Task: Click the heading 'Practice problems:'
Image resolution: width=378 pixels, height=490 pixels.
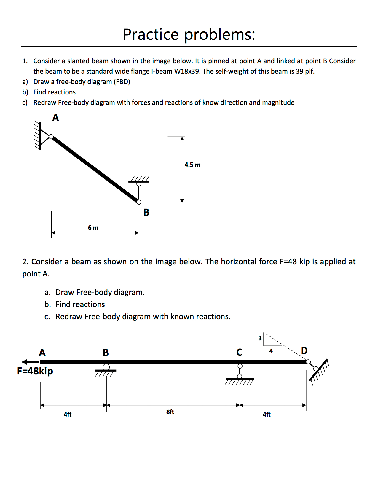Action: [189, 34]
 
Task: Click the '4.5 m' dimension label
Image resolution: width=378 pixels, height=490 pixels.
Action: [192, 165]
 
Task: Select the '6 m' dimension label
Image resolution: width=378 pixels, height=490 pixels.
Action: [93, 228]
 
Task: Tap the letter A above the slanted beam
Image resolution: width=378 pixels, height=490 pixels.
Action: [55, 118]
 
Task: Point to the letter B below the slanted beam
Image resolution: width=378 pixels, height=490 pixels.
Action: [146, 213]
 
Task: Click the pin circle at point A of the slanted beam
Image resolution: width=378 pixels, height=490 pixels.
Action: [51, 137]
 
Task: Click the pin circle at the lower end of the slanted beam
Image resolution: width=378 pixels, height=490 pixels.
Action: [139, 202]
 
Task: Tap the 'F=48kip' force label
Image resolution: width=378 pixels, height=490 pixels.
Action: [35, 371]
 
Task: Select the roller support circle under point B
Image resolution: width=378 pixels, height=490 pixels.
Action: [106, 367]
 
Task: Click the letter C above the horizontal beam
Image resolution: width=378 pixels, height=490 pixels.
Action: [239, 353]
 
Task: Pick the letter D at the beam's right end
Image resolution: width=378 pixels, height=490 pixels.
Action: [304, 351]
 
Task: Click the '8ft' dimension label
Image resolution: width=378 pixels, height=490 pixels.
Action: [170, 412]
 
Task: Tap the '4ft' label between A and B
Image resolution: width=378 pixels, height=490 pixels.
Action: [68, 415]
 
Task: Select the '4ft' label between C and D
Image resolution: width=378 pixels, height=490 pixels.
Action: [267, 415]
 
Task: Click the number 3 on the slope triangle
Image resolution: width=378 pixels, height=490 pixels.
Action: [260, 338]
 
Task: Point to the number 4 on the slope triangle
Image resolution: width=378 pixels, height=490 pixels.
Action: [271, 351]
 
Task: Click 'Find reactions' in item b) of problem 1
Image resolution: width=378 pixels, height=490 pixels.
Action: [55, 92]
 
